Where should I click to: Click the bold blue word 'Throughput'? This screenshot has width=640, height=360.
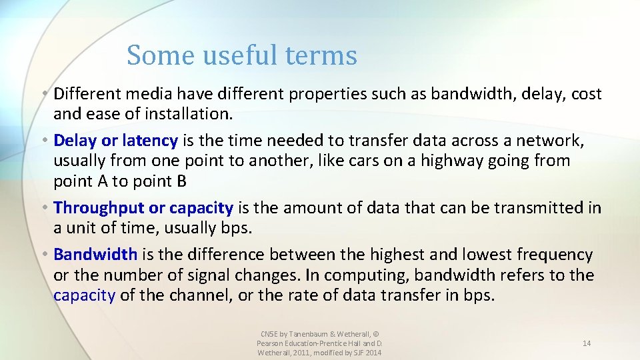tap(99, 208)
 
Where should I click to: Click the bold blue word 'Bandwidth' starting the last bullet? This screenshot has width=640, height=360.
tap(95, 255)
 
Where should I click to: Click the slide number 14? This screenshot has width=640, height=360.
tap(587, 343)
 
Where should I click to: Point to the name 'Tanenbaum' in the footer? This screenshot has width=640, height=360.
tap(307, 334)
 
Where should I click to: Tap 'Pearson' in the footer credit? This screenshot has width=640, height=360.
tap(270, 343)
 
